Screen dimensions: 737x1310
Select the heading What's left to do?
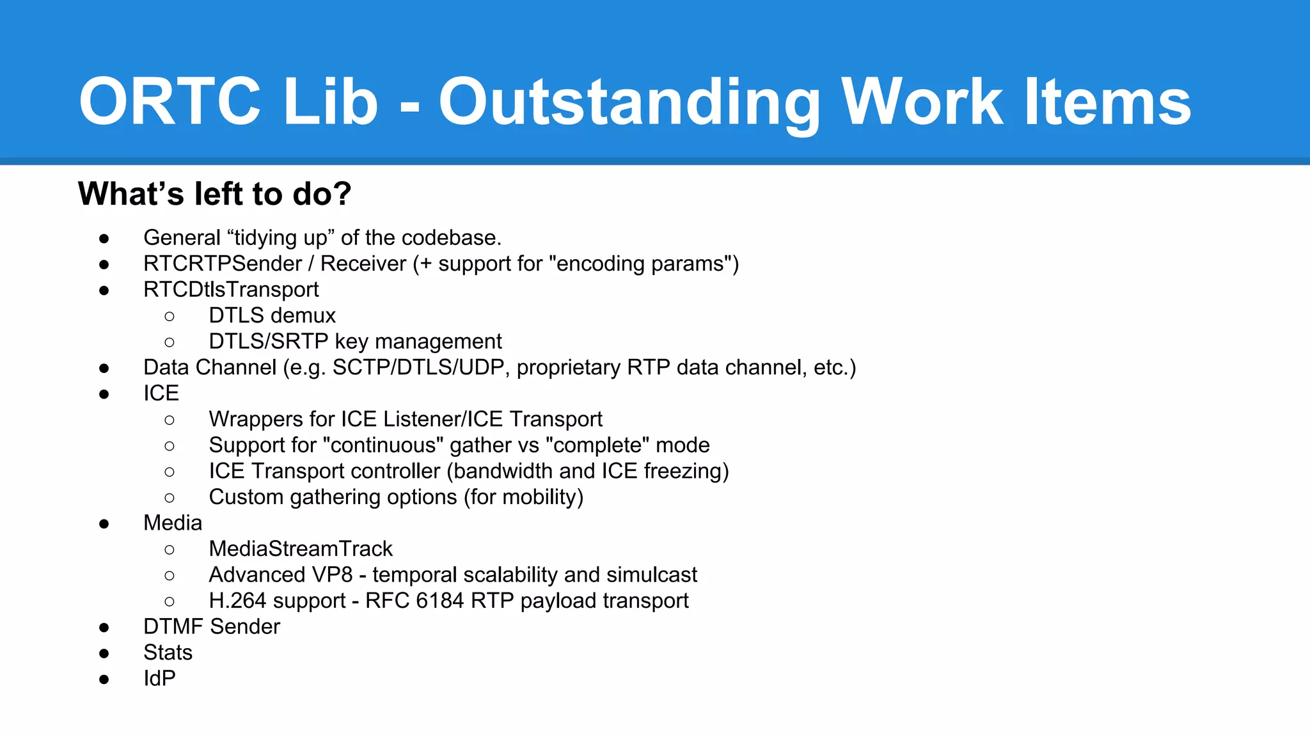pyautogui.click(x=214, y=194)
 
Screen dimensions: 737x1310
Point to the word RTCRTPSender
pyautogui.click(x=222, y=264)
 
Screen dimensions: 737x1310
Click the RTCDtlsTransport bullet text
pyautogui.click(x=231, y=290)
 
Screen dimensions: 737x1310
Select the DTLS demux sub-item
pyautogui.click(x=272, y=315)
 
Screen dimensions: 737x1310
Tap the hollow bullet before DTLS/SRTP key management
pyautogui.click(x=170, y=342)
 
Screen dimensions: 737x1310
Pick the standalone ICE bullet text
pyautogui.click(x=161, y=393)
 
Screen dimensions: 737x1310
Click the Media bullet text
pyautogui.click(x=173, y=523)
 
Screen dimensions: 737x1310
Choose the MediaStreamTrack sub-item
pyautogui.click(x=301, y=549)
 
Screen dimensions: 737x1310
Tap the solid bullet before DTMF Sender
pyautogui.click(x=104, y=628)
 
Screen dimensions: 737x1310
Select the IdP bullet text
pyautogui.click(x=159, y=679)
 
